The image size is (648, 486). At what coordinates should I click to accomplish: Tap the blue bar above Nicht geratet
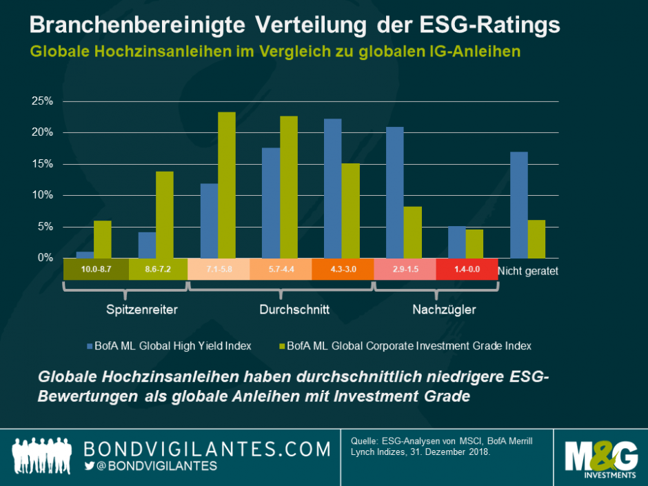[x=519, y=205]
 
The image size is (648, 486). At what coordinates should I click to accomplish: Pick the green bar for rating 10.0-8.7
[x=102, y=239]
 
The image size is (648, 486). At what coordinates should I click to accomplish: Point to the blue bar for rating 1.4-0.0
[x=457, y=242]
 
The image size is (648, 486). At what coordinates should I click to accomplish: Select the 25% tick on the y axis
[x=43, y=101]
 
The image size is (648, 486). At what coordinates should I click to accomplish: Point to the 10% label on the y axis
[x=43, y=195]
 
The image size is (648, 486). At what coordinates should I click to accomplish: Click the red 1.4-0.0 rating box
[x=467, y=269]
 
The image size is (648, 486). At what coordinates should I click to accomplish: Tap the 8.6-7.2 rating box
[x=156, y=269]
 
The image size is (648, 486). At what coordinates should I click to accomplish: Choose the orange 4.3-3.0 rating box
[x=343, y=269]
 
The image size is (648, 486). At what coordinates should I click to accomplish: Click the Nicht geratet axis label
[x=527, y=271]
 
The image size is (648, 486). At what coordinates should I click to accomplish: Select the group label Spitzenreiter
[x=142, y=310]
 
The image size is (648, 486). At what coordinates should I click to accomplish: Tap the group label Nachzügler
[x=445, y=310]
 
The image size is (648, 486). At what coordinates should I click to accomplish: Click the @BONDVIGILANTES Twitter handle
[x=156, y=467]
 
